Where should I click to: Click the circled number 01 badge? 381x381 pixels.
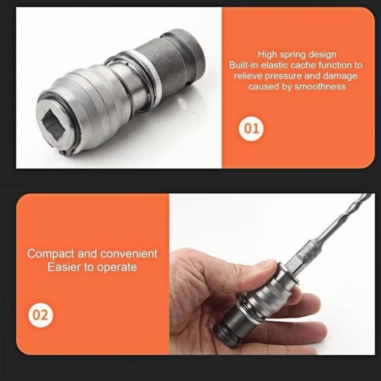(x=251, y=129)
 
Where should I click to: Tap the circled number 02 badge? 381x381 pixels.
(x=40, y=315)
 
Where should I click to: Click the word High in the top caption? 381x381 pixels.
(x=267, y=54)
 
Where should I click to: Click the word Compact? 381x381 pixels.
(x=51, y=254)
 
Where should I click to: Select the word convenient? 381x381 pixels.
(x=129, y=254)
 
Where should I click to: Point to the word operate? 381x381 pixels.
(x=117, y=268)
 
